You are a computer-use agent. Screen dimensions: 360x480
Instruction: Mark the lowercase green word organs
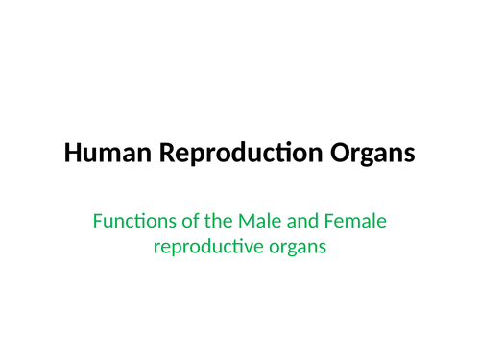[297, 247]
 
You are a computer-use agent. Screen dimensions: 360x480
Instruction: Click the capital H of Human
[72, 153]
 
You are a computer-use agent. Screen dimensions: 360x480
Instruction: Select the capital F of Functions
[97, 223]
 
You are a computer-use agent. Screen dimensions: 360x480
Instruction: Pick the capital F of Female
[326, 223]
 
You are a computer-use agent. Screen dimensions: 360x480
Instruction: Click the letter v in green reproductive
[252, 247]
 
